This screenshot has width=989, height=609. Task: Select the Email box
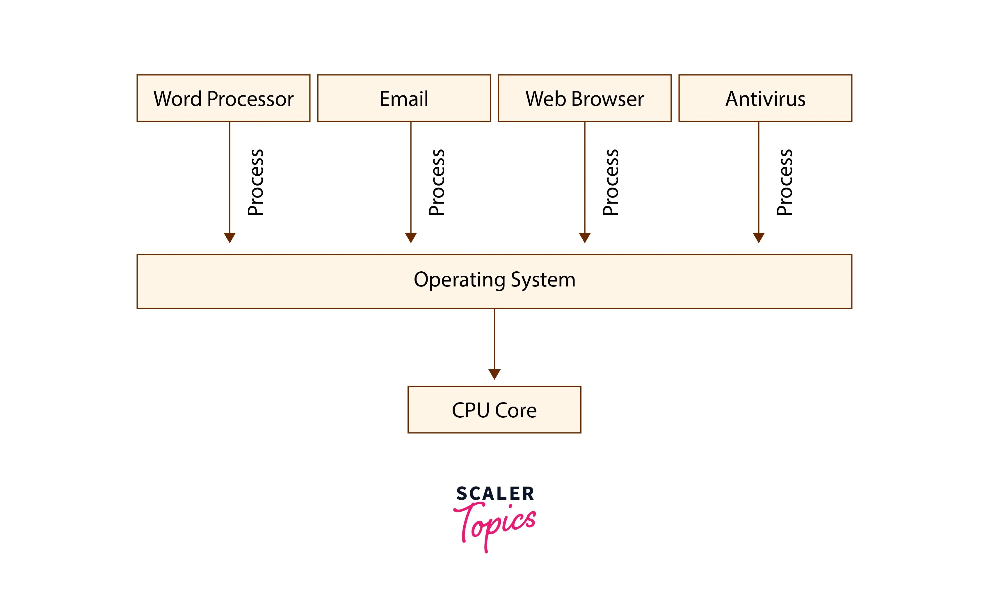click(404, 98)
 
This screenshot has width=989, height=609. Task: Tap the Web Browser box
click(585, 98)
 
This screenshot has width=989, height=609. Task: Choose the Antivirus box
click(765, 98)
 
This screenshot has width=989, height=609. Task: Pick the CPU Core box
click(494, 409)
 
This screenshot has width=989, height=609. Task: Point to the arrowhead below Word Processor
click(230, 237)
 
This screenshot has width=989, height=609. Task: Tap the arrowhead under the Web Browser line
click(585, 237)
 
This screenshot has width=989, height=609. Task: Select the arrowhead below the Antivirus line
click(759, 237)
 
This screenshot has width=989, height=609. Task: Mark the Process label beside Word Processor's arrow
click(255, 182)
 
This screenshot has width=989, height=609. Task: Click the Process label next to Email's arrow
click(436, 182)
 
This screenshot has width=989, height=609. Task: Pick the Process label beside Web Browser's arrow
click(610, 182)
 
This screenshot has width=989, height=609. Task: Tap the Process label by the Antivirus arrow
click(784, 182)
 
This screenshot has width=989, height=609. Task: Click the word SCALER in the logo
click(495, 494)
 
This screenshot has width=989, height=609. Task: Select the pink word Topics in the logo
click(495, 523)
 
